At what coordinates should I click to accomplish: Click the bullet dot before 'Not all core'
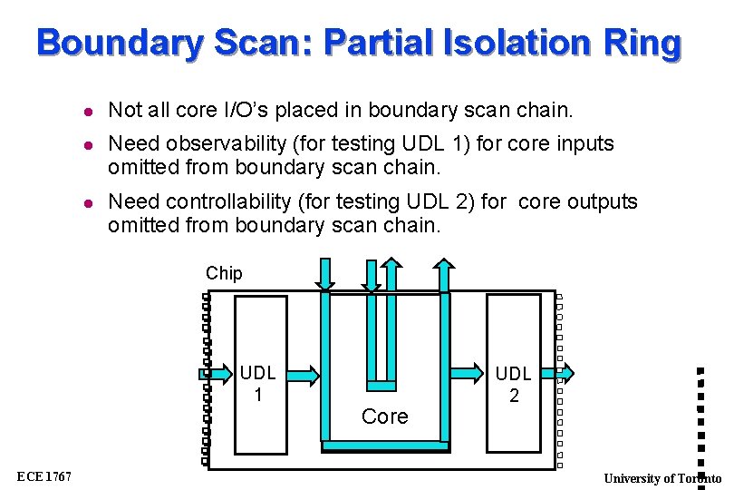[x=85, y=111]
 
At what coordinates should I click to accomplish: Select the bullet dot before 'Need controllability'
[x=85, y=201]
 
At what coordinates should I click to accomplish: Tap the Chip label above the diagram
[x=224, y=273]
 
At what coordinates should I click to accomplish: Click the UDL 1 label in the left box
[x=258, y=383]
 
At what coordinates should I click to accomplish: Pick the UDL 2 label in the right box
[x=514, y=383]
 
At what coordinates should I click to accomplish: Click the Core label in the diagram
[x=384, y=416]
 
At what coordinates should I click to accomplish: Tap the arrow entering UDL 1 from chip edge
[x=216, y=371]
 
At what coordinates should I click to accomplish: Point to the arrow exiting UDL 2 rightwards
[x=565, y=371]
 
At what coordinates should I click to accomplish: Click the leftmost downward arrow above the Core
[x=325, y=275]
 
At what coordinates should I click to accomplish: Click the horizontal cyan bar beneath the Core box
[x=385, y=446]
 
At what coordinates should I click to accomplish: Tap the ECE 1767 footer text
[x=43, y=477]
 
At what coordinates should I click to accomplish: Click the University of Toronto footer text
[x=662, y=478]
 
